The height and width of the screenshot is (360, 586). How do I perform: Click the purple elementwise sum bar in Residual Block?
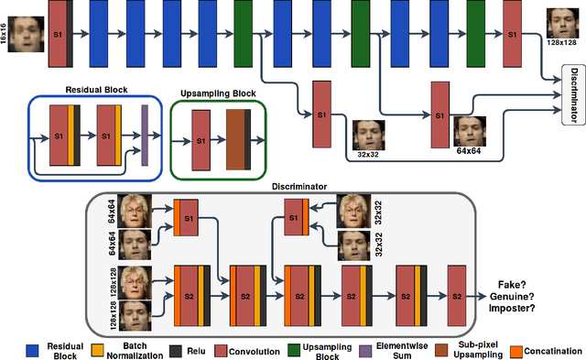tap(145, 136)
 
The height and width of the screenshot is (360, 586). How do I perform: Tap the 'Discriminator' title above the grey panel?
tap(298, 187)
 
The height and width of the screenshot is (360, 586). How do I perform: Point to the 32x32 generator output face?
tap(368, 133)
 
